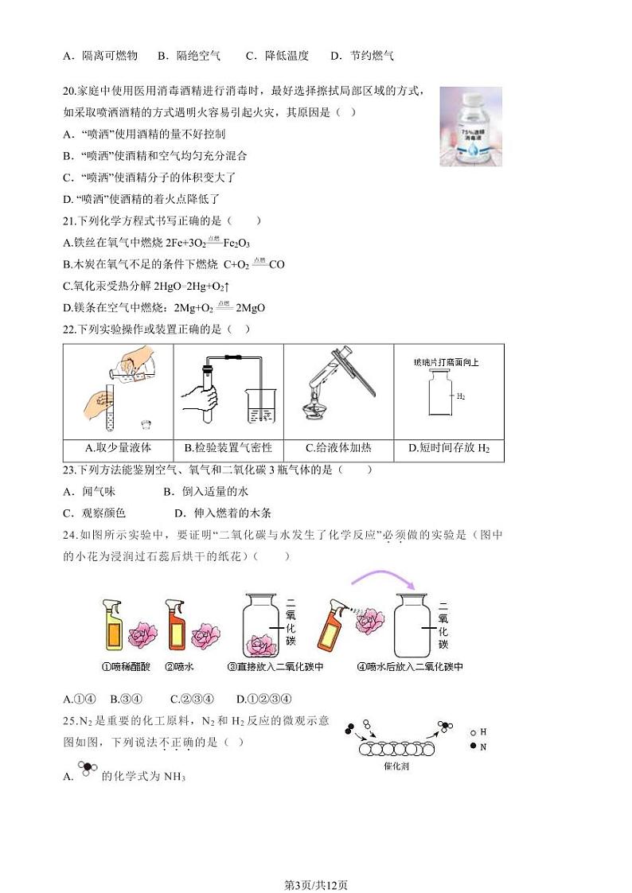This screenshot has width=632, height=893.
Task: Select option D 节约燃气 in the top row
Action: coord(362,56)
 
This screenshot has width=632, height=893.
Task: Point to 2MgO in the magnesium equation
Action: coord(250,308)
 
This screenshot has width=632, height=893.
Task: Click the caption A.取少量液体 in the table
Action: coord(118,448)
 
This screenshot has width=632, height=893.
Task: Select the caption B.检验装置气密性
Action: coord(228,448)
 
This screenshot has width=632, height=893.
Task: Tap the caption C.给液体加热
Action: coord(338,448)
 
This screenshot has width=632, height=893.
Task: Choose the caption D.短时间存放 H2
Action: coord(449,448)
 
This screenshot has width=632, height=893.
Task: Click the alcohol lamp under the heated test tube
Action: coord(316,408)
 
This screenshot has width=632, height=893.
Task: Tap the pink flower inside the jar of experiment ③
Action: coord(259,643)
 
